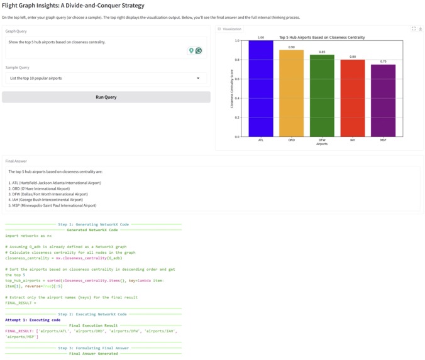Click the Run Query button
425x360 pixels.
point(106,97)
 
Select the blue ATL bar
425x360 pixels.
point(261,88)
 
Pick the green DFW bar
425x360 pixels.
point(322,95)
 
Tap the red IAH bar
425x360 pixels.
point(353,98)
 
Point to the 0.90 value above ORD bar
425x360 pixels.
point(292,47)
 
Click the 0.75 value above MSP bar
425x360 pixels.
point(383,62)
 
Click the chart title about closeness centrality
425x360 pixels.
point(321,37)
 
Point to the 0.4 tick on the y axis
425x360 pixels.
point(237,98)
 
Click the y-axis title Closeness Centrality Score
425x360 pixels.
point(231,89)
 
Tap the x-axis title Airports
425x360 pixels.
point(322,144)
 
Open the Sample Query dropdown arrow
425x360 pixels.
point(198,79)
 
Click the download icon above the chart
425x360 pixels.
point(420,29)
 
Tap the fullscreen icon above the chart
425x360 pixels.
point(413,29)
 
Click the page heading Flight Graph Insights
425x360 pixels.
point(73,6)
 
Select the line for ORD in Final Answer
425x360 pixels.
point(39,188)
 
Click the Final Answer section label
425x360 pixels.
point(16,161)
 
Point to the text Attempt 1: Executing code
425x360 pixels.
point(33,320)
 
